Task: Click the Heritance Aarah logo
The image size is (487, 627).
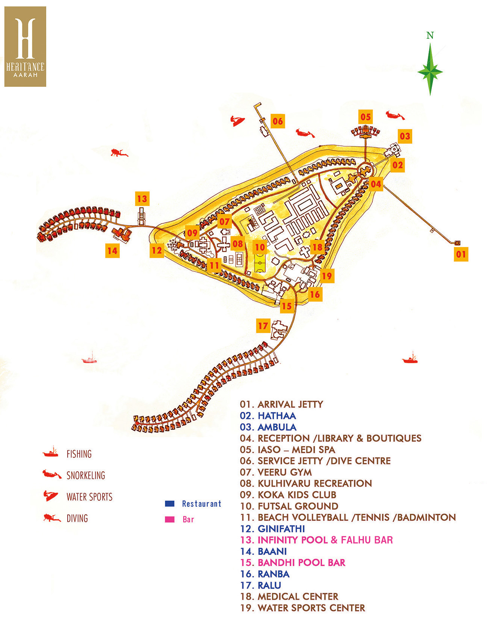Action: click(25, 47)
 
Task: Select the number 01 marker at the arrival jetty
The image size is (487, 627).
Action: click(461, 254)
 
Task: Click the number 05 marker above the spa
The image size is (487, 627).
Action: click(366, 117)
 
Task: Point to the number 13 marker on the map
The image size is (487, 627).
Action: click(142, 199)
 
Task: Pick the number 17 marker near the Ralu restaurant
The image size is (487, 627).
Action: click(263, 326)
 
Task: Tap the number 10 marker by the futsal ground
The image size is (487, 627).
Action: click(260, 247)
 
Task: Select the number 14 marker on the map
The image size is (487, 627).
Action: click(112, 251)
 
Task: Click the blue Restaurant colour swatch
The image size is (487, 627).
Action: click(170, 504)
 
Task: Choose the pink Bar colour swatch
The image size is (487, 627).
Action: click(170, 519)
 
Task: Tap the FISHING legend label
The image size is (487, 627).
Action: click(79, 454)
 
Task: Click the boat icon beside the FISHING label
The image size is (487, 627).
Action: click(51, 452)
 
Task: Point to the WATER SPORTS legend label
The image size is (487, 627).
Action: click(89, 497)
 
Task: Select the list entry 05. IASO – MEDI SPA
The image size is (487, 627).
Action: click(287, 450)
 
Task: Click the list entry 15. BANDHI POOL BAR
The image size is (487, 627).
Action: click(293, 563)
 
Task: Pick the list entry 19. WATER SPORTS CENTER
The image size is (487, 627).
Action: click(302, 608)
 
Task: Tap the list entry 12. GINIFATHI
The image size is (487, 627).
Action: click(272, 529)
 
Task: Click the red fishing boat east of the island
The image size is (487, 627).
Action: click(410, 359)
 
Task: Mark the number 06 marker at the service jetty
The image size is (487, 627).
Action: click(278, 121)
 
